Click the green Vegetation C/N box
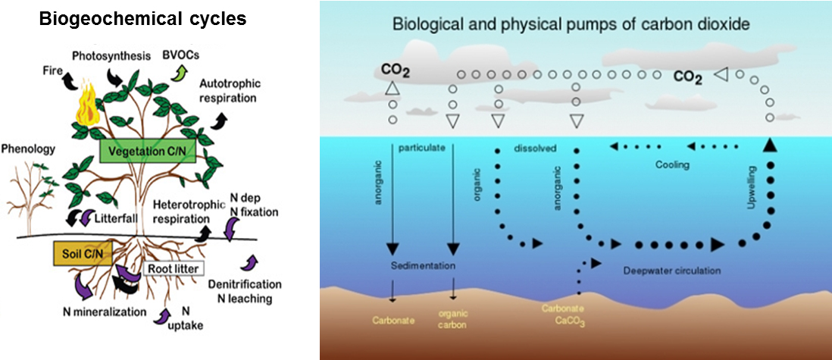click(148, 150)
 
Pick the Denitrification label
click(244, 284)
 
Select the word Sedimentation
click(423, 266)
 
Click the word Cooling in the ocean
click(673, 165)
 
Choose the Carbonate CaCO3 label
click(564, 315)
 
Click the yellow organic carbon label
click(453, 318)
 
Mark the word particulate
click(422, 147)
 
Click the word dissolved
click(535, 147)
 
